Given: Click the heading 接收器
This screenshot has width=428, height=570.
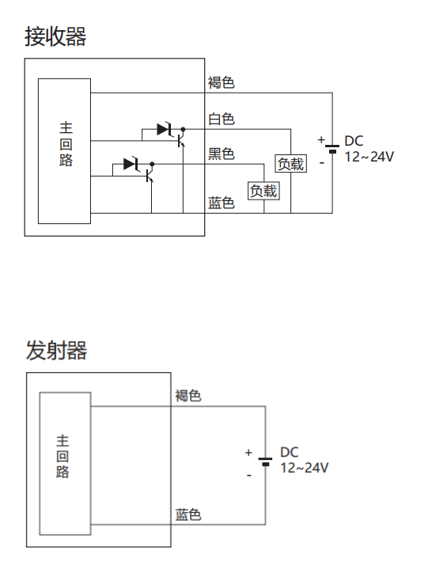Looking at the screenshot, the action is click(x=55, y=36).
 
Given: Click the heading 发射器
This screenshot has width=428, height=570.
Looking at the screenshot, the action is click(x=56, y=351).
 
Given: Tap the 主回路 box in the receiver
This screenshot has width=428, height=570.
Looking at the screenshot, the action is click(x=64, y=151).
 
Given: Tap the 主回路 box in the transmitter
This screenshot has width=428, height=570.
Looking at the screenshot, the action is click(x=65, y=463).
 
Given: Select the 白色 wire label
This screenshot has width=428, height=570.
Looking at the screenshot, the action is click(x=222, y=119).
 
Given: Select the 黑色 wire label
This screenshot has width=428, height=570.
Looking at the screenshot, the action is click(x=222, y=154).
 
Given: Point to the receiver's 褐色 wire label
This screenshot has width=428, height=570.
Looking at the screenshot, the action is click(x=222, y=82).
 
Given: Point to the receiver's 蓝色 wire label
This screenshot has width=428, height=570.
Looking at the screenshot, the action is click(x=222, y=203).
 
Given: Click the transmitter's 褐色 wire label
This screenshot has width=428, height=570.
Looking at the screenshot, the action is click(x=188, y=396).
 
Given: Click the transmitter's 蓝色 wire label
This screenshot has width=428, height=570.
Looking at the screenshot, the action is click(x=188, y=515).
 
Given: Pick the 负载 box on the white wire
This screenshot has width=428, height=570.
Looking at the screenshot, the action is click(x=290, y=164).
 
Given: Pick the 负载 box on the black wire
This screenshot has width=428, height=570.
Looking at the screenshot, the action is click(x=263, y=191).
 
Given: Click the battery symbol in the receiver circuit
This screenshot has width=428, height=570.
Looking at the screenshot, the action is click(x=332, y=149).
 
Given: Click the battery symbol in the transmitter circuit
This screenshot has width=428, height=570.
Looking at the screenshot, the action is click(x=266, y=462).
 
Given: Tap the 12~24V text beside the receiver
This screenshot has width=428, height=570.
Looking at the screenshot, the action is click(x=369, y=157).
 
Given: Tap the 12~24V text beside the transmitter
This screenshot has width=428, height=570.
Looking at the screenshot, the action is click(x=305, y=468).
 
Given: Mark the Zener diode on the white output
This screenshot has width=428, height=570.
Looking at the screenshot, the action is click(x=165, y=129).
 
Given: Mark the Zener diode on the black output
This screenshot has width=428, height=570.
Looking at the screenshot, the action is click(x=131, y=164).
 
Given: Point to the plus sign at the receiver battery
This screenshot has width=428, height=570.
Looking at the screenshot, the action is click(x=321, y=139).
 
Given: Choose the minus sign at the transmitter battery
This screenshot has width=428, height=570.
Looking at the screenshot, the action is click(x=249, y=476).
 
